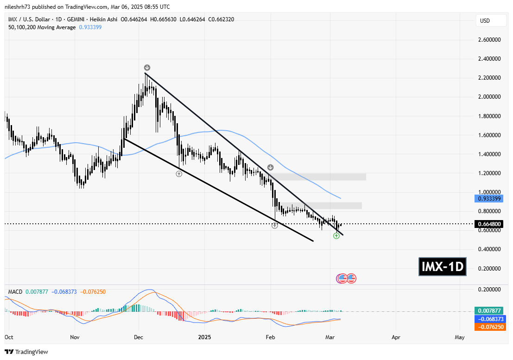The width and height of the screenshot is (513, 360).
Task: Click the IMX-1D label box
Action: point(442,267)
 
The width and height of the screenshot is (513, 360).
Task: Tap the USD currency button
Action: point(485,21)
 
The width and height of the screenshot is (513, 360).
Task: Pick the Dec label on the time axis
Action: point(138,337)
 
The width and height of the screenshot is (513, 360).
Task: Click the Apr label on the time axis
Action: point(396,337)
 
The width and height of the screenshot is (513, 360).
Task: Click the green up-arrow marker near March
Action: point(336,236)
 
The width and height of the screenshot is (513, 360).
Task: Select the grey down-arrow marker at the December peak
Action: point(147,67)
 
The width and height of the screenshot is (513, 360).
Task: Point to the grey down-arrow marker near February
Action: point(270,167)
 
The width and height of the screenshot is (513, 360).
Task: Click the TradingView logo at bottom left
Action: point(26,352)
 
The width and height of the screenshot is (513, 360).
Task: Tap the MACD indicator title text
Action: point(15,292)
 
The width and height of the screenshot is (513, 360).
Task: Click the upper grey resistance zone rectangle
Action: point(320,177)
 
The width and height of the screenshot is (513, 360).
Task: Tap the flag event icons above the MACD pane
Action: point(346,278)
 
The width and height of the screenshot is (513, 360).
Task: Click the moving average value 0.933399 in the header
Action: point(91,27)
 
